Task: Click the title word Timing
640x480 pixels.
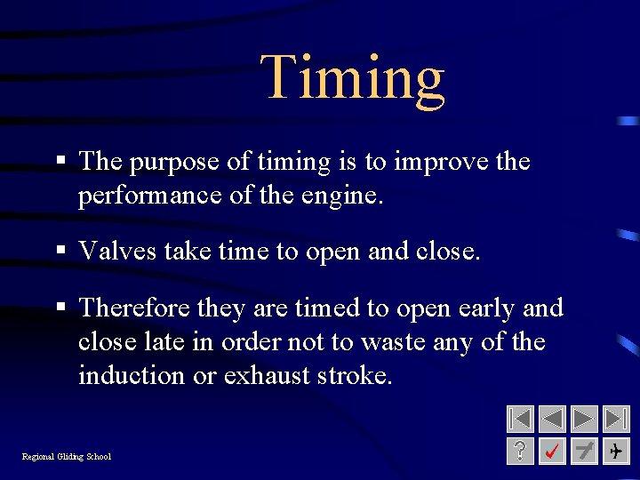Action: click(353, 78)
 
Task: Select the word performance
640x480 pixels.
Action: click(150, 196)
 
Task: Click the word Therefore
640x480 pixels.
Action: click(134, 308)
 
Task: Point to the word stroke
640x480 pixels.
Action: click(353, 375)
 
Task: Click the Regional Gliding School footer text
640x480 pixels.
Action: click(67, 457)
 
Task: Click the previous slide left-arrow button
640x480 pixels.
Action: click(552, 419)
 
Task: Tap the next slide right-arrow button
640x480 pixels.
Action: click(584, 419)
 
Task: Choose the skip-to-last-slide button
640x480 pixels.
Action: click(615, 419)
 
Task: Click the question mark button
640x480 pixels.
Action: click(520, 451)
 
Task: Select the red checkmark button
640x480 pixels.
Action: click(552, 451)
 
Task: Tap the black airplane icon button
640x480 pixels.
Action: click(615, 451)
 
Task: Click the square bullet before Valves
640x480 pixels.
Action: click(60, 252)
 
